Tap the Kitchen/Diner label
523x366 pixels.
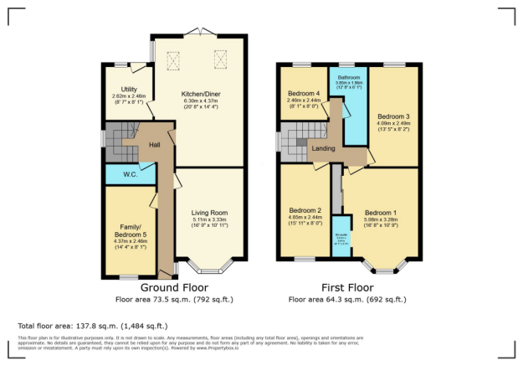point(198,94)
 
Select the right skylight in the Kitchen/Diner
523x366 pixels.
point(222,58)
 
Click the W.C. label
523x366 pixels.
point(130,175)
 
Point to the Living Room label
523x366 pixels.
point(209,212)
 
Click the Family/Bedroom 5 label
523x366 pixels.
point(128,229)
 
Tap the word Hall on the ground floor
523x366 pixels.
point(154,145)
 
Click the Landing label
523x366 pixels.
point(324,149)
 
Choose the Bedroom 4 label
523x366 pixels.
point(304,93)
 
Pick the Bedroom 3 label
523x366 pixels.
point(392,116)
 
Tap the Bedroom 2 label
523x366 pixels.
point(305,209)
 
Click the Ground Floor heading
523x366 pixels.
point(174,288)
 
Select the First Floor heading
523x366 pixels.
point(346,288)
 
